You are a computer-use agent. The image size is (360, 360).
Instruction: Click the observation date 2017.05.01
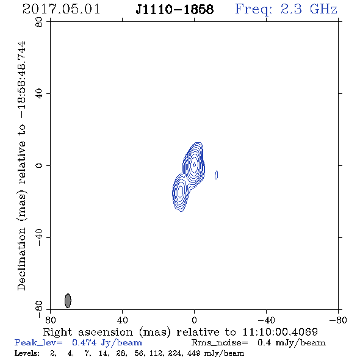coord(61,9)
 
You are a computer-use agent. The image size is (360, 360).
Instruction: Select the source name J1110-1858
coord(175,9)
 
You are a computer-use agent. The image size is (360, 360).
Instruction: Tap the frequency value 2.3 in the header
coord(291,9)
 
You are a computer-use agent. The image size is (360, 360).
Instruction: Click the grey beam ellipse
coord(68,301)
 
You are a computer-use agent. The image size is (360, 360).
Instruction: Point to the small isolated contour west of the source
coord(216,175)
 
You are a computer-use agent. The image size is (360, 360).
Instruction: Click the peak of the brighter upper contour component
coord(195,165)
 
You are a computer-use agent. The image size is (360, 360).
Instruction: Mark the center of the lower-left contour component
coord(181,191)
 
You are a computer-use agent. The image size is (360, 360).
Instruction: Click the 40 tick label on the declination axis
coord(39,94)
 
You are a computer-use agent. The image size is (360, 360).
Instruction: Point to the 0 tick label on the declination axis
coord(39,165)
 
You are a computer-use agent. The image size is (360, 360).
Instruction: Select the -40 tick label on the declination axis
coord(39,237)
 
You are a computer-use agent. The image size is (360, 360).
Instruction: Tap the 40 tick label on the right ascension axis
coord(122,320)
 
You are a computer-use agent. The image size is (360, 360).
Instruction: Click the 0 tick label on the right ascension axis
coord(194,320)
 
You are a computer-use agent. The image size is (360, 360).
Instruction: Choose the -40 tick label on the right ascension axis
coord(266,320)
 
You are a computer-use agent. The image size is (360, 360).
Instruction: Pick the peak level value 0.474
coord(84,342)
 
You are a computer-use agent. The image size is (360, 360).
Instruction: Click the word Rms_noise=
coord(220,343)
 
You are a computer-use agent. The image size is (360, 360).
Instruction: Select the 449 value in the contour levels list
coord(194,353)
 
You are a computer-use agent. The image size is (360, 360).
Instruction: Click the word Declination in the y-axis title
coord(21,259)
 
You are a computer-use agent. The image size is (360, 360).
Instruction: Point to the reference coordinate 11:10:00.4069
coord(280,332)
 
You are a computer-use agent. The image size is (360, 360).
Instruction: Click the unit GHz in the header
coord(323,9)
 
